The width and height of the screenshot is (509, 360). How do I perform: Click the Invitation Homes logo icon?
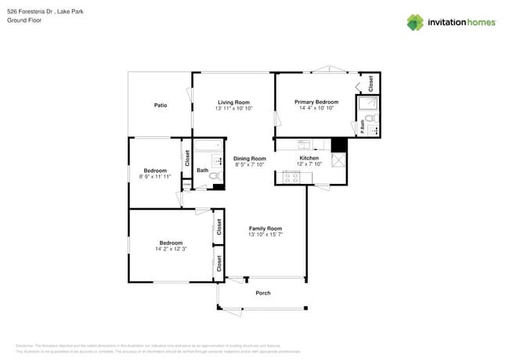pyautogui.click(x=415, y=22)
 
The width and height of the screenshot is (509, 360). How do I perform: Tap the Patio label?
pyautogui.click(x=160, y=105)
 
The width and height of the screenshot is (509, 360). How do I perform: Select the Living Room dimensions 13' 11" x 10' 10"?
pyautogui.click(x=233, y=109)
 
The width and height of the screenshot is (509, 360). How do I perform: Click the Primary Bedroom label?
pyautogui.click(x=316, y=102)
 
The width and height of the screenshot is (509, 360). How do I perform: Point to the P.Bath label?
pyautogui.click(x=363, y=127)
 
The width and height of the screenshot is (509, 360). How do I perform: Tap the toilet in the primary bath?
pyautogui.click(x=373, y=120)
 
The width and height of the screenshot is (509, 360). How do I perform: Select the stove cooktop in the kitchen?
pyautogui.click(x=291, y=178)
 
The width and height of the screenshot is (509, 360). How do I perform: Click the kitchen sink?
pyautogui.click(x=305, y=145)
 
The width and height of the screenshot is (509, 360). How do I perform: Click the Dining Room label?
pyautogui.click(x=250, y=159)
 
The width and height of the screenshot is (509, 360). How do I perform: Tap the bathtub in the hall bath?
pyautogui.click(x=208, y=146)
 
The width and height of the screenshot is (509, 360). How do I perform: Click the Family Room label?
pyautogui.click(x=265, y=228)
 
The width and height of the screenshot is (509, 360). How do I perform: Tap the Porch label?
pyautogui.click(x=263, y=293)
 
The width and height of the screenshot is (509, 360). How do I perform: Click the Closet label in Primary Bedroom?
pyautogui.click(x=370, y=81)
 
